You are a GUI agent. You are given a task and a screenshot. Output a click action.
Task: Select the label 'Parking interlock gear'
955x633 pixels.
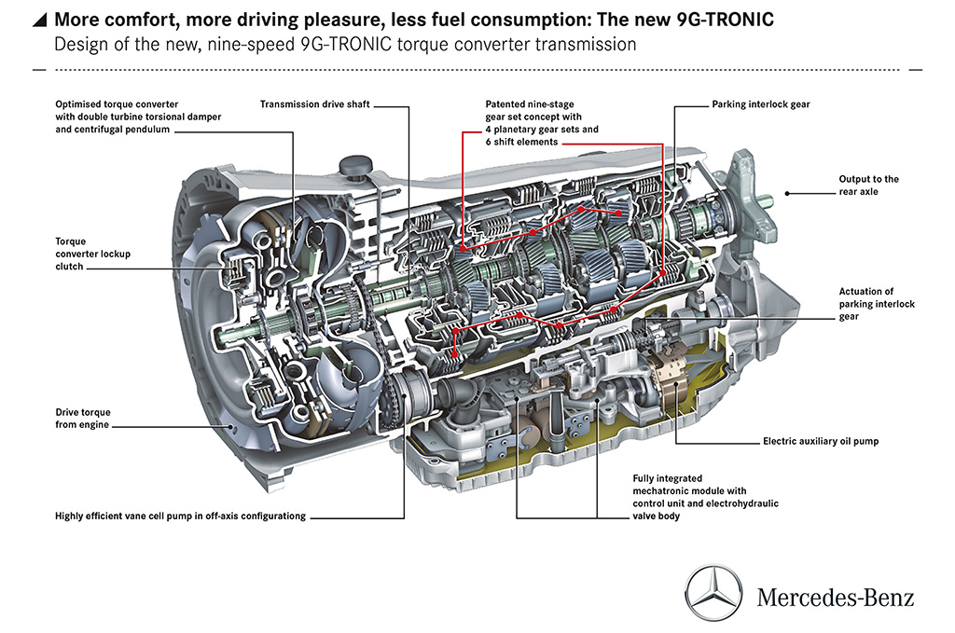click(x=760, y=105)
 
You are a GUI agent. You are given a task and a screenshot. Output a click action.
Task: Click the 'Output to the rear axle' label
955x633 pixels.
click(x=867, y=186)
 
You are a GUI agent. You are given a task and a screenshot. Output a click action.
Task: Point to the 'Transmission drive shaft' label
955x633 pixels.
click(x=315, y=105)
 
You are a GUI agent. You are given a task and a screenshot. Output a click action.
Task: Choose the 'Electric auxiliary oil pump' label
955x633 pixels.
click(x=820, y=441)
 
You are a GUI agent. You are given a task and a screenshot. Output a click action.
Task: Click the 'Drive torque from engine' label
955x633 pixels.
click(x=82, y=418)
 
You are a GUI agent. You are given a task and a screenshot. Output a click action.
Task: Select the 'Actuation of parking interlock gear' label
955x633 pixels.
click(x=877, y=304)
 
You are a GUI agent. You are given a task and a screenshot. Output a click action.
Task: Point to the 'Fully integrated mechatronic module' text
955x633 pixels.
click(x=705, y=490)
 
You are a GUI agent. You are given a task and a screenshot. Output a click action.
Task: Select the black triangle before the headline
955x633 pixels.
click(x=40, y=19)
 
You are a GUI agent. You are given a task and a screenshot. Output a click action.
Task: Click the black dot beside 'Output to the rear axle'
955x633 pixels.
click(x=787, y=192)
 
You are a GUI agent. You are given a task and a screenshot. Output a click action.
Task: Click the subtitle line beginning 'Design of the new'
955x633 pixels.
click(x=345, y=45)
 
